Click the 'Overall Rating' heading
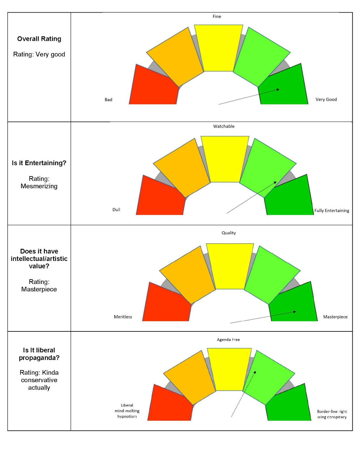point(39,39)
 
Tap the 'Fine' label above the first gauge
point(217,17)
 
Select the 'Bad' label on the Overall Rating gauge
point(108,100)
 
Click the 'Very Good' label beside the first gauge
point(326,99)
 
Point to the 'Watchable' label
point(224,126)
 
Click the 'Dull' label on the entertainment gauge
point(116,209)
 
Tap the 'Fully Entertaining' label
point(331,211)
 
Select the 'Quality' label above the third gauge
point(229,233)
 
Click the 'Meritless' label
point(123,317)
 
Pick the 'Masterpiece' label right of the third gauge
point(335,317)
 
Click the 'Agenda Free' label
point(228,340)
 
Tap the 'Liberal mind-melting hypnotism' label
point(127,411)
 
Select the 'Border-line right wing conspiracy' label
point(332,414)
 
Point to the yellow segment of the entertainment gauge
point(225,159)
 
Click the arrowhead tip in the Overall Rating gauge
point(279,89)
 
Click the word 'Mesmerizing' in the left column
point(39,186)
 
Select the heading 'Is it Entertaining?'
point(39,163)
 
